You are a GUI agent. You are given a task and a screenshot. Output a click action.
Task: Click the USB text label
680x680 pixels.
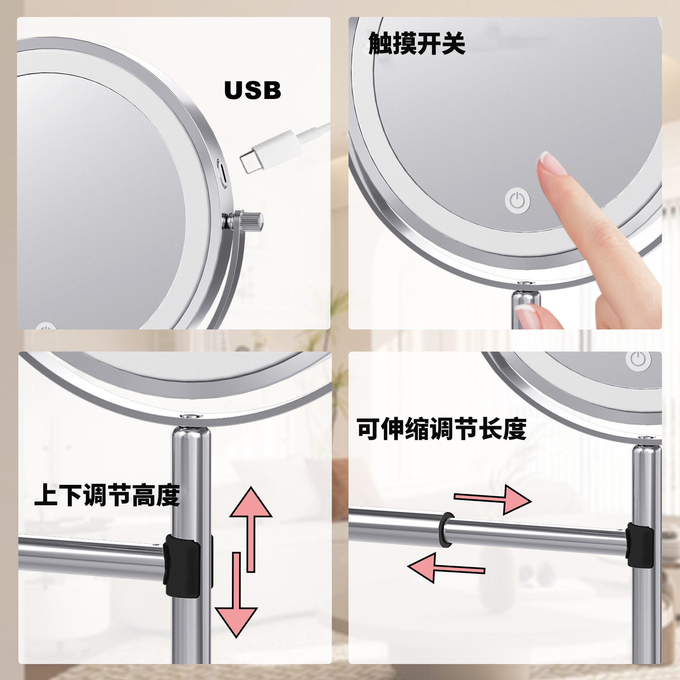point(253,90)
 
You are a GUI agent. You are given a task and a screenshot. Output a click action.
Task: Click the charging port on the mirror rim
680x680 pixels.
point(222,173)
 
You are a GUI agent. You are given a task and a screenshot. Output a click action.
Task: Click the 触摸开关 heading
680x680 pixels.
point(416,44)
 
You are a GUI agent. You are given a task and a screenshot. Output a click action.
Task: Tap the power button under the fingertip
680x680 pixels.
point(517,201)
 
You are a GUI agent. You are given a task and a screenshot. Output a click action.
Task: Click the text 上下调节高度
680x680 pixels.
point(107,495)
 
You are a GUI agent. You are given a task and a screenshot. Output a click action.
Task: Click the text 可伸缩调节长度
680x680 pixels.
point(441,429)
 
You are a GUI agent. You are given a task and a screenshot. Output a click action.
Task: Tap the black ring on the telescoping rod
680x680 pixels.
point(446,529)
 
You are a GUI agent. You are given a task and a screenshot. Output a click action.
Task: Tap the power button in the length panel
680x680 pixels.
point(638,361)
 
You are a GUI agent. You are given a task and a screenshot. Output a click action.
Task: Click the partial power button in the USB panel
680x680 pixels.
point(45,326)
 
